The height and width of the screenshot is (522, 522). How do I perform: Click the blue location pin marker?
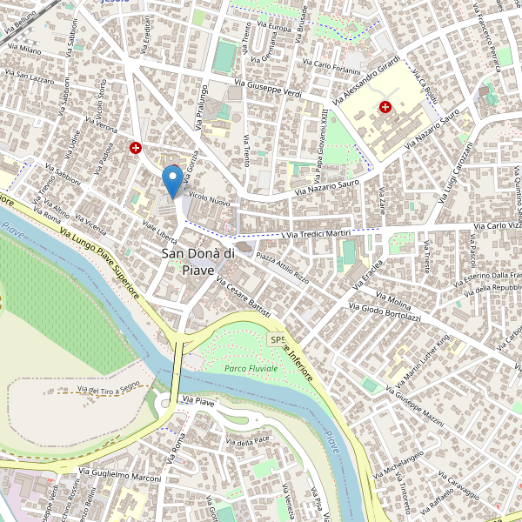click(x=173, y=180)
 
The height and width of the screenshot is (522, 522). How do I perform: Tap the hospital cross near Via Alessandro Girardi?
click(x=385, y=106)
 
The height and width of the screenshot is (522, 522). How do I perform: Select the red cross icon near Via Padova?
click(x=136, y=149)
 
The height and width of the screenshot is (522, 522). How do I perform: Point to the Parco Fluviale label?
click(x=251, y=369)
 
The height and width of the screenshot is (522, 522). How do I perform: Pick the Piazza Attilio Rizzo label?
click(x=276, y=266)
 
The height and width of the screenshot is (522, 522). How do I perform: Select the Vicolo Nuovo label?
click(x=209, y=200)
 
